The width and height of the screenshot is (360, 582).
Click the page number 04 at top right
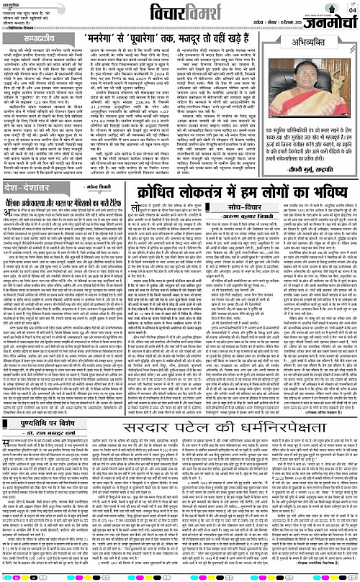coord(351,9)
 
